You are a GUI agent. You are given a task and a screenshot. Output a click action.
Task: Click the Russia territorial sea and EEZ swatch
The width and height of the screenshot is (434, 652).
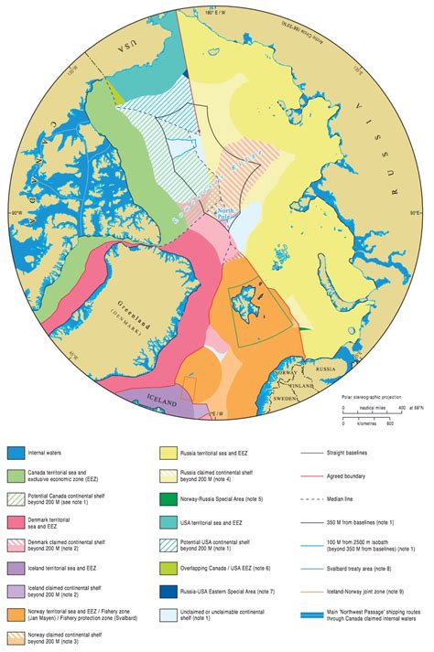pos(170,453)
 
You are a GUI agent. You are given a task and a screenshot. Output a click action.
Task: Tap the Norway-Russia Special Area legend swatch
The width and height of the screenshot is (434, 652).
pos(170,499)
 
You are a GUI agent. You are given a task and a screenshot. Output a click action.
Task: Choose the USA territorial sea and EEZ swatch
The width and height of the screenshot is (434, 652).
pos(170,522)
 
